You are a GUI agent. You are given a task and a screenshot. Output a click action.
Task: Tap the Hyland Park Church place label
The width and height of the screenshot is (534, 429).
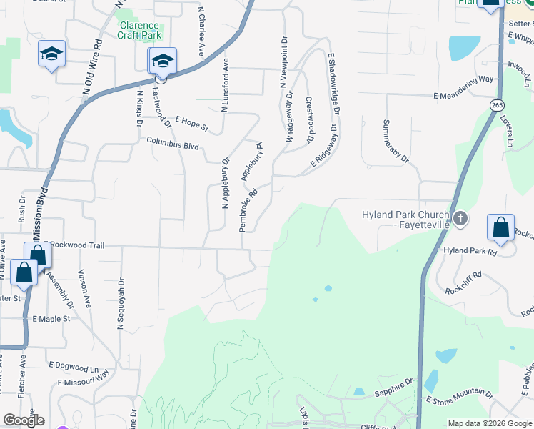pos(404,220)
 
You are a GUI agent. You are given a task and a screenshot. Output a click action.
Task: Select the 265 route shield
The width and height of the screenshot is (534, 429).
pos(497,104)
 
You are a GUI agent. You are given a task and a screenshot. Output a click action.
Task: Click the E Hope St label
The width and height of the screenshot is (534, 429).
pos(191,124)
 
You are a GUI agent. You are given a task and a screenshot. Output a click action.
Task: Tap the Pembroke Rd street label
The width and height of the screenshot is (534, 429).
pos(248,209)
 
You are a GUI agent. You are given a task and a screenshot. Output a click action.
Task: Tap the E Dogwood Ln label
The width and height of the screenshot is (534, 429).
pos(73,365)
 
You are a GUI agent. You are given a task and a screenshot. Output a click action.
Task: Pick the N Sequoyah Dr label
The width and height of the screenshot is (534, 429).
pos(120,304)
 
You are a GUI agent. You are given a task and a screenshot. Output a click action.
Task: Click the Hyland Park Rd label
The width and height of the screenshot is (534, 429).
pos(469,251)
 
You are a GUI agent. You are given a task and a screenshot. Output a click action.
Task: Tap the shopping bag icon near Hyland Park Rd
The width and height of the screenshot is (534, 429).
pos(500,227)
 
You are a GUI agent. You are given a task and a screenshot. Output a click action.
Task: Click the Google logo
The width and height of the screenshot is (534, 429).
pos(24,420)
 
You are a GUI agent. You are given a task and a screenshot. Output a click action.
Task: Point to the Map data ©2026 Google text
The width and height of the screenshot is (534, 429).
pos(489,423)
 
